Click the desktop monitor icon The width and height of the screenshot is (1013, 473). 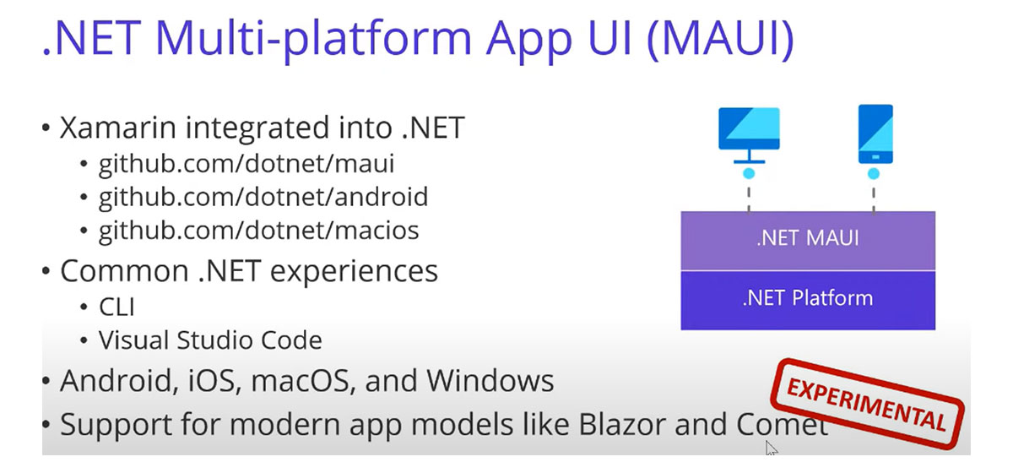click(x=749, y=135)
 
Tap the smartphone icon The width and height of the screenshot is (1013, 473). click(x=875, y=134)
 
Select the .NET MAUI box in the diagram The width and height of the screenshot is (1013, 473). click(x=808, y=241)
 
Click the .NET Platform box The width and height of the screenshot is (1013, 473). click(x=808, y=300)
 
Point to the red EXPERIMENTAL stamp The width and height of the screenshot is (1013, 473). click(x=867, y=405)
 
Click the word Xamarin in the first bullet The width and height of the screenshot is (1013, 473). click(x=118, y=128)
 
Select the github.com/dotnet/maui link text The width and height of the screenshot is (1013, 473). click(x=246, y=164)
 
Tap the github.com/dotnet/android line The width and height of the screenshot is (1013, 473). click(x=263, y=197)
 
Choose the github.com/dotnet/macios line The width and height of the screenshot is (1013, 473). click(x=258, y=231)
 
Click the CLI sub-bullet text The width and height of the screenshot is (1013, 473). click(x=116, y=307)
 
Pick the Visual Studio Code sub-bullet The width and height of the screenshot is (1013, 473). click(x=210, y=340)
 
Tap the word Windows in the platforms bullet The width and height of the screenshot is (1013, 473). click(x=490, y=381)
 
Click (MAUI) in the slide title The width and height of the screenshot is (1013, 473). click(x=720, y=39)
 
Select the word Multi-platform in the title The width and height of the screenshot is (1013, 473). click(x=313, y=40)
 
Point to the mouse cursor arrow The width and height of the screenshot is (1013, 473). click(x=771, y=448)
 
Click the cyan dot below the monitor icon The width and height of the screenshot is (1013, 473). click(x=749, y=174)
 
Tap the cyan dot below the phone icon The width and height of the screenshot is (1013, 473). click(x=874, y=174)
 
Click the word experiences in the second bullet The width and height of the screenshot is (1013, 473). click(x=354, y=272)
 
